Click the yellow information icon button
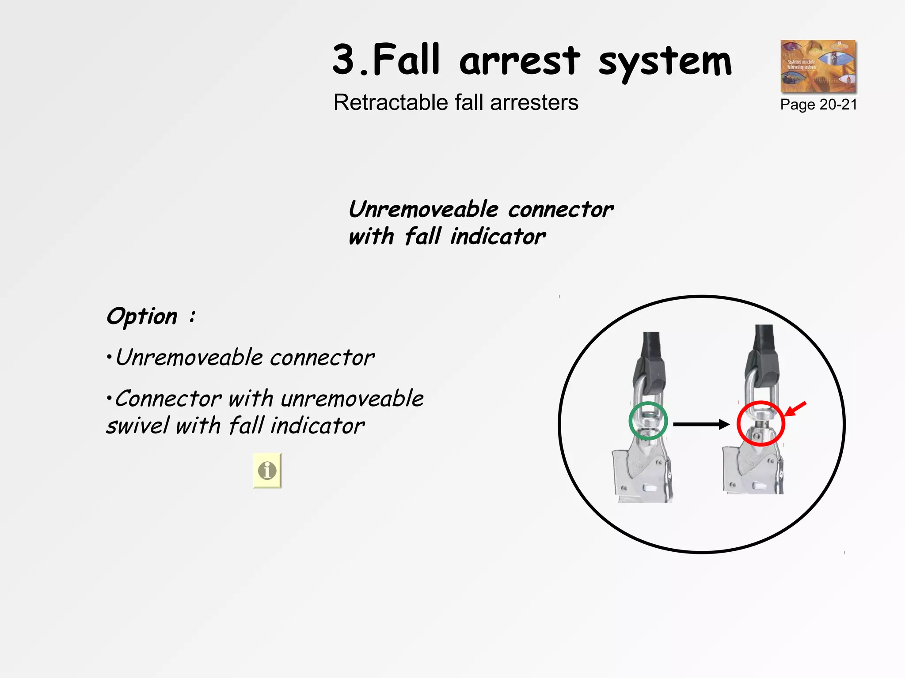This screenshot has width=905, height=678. pos(267,471)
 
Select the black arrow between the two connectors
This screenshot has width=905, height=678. pos(701,425)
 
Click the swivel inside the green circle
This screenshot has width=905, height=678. pos(648,422)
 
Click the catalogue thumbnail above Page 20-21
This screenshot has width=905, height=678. pos(818,66)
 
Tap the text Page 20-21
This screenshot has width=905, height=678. pos(818,105)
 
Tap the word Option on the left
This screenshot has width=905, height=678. pos(142,316)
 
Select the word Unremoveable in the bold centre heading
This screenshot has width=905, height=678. pos(423,209)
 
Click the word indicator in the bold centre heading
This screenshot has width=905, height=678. pos(498,237)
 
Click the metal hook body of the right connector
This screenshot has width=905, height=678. pos(751,470)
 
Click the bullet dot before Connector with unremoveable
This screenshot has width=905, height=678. pos(109,399)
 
